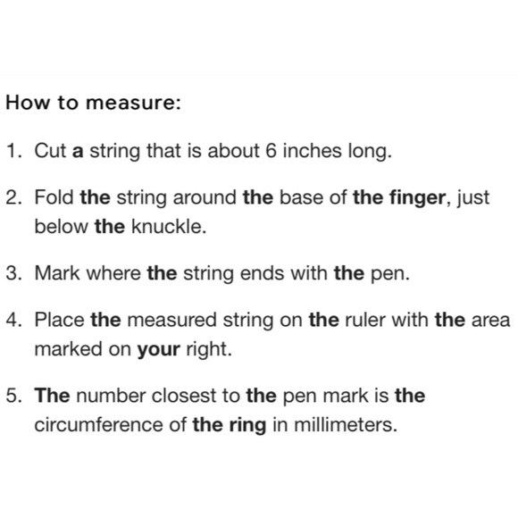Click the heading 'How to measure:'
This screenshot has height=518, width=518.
[x=94, y=102]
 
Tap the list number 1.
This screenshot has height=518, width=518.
[x=14, y=151]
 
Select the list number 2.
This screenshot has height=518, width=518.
[x=14, y=197]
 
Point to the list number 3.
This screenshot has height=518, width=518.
[x=14, y=273]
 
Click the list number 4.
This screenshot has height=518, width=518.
[x=14, y=320]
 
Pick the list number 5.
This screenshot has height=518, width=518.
[x=14, y=396]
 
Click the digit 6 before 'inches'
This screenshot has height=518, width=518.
[x=271, y=151]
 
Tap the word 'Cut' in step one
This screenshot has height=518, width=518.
[x=50, y=151]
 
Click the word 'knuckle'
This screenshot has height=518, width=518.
[x=169, y=227]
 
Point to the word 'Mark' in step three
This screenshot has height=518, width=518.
[x=57, y=273]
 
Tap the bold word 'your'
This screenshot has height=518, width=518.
[x=159, y=351]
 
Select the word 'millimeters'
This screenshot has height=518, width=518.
[x=346, y=425]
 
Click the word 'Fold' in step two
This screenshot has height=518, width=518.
[x=54, y=197]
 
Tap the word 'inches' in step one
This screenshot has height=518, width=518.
[x=312, y=151]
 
